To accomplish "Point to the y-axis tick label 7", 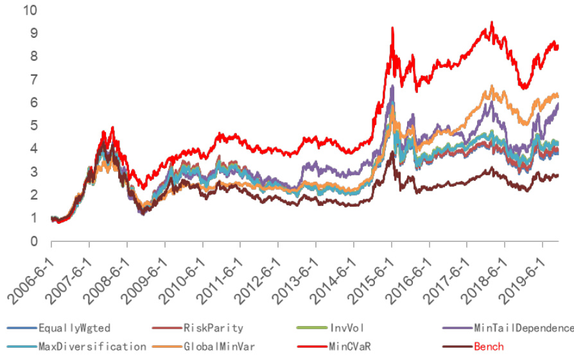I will [x=33, y=80].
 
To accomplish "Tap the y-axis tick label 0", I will [x=33, y=241].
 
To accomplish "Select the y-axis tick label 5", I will [x=33, y=126].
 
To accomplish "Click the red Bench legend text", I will [x=489, y=347].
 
